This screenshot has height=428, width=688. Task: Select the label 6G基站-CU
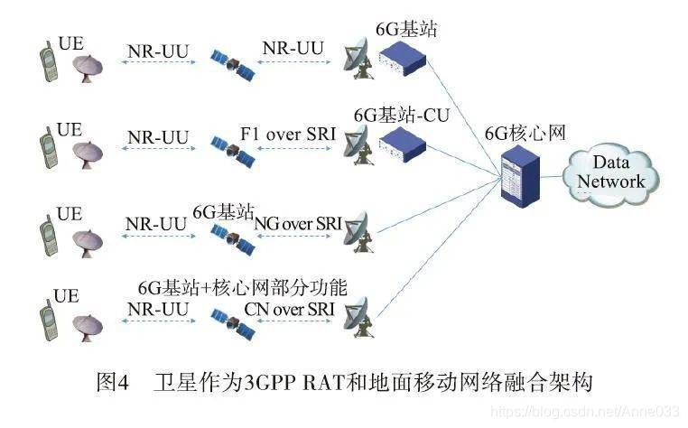pyautogui.click(x=400, y=116)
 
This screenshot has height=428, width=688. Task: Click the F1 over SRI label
pyautogui.click(x=288, y=135)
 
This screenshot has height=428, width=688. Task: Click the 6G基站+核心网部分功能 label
pyautogui.click(x=242, y=287)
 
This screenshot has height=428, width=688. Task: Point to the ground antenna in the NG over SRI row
pyautogui.click(x=362, y=227)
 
